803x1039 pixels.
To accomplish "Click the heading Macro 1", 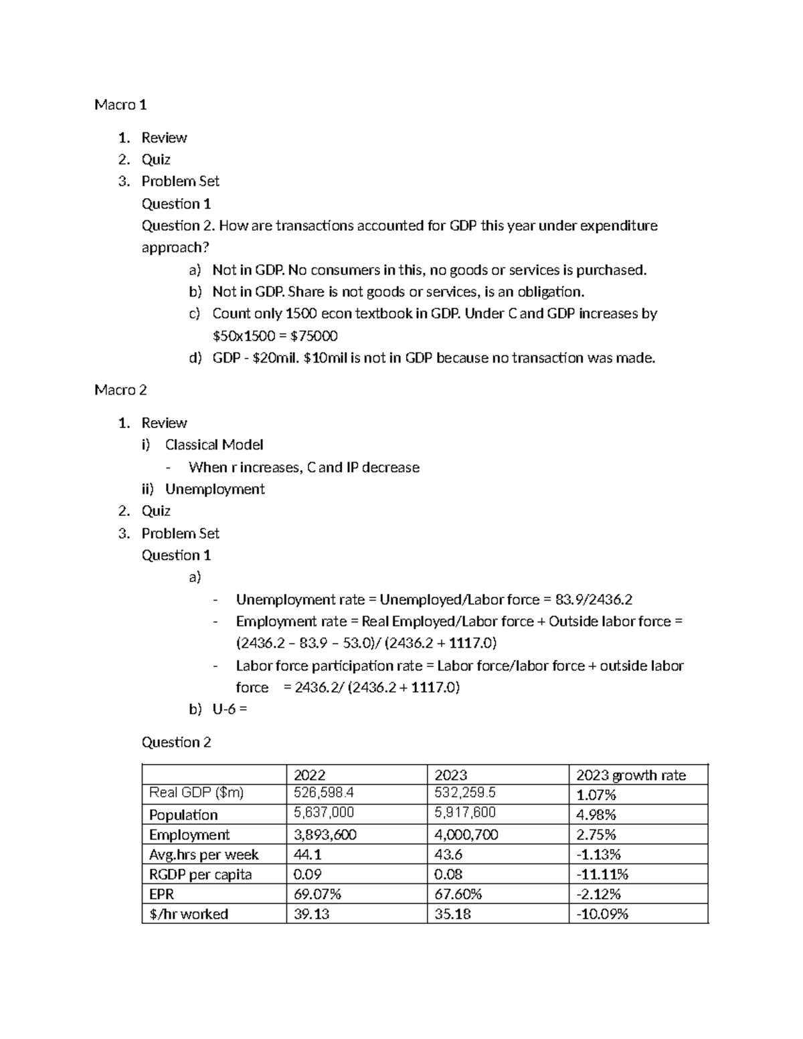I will (x=120, y=105).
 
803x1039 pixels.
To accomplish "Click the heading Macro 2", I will (x=120, y=390).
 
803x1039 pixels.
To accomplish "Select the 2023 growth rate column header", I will (x=631, y=775).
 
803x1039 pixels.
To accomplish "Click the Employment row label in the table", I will (x=189, y=835).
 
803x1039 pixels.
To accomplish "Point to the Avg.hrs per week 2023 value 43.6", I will (x=448, y=854).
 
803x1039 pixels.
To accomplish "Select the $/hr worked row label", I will (x=189, y=914).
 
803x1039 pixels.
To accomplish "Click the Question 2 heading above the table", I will (x=176, y=743).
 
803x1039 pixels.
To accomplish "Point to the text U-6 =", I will (x=230, y=710).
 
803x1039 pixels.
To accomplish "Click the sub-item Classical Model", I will (x=214, y=445).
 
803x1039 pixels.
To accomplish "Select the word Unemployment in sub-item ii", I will (x=215, y=489).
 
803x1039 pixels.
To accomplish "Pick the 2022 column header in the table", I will (x=310, y=775).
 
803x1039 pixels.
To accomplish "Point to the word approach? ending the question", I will (x=175, y=248).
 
